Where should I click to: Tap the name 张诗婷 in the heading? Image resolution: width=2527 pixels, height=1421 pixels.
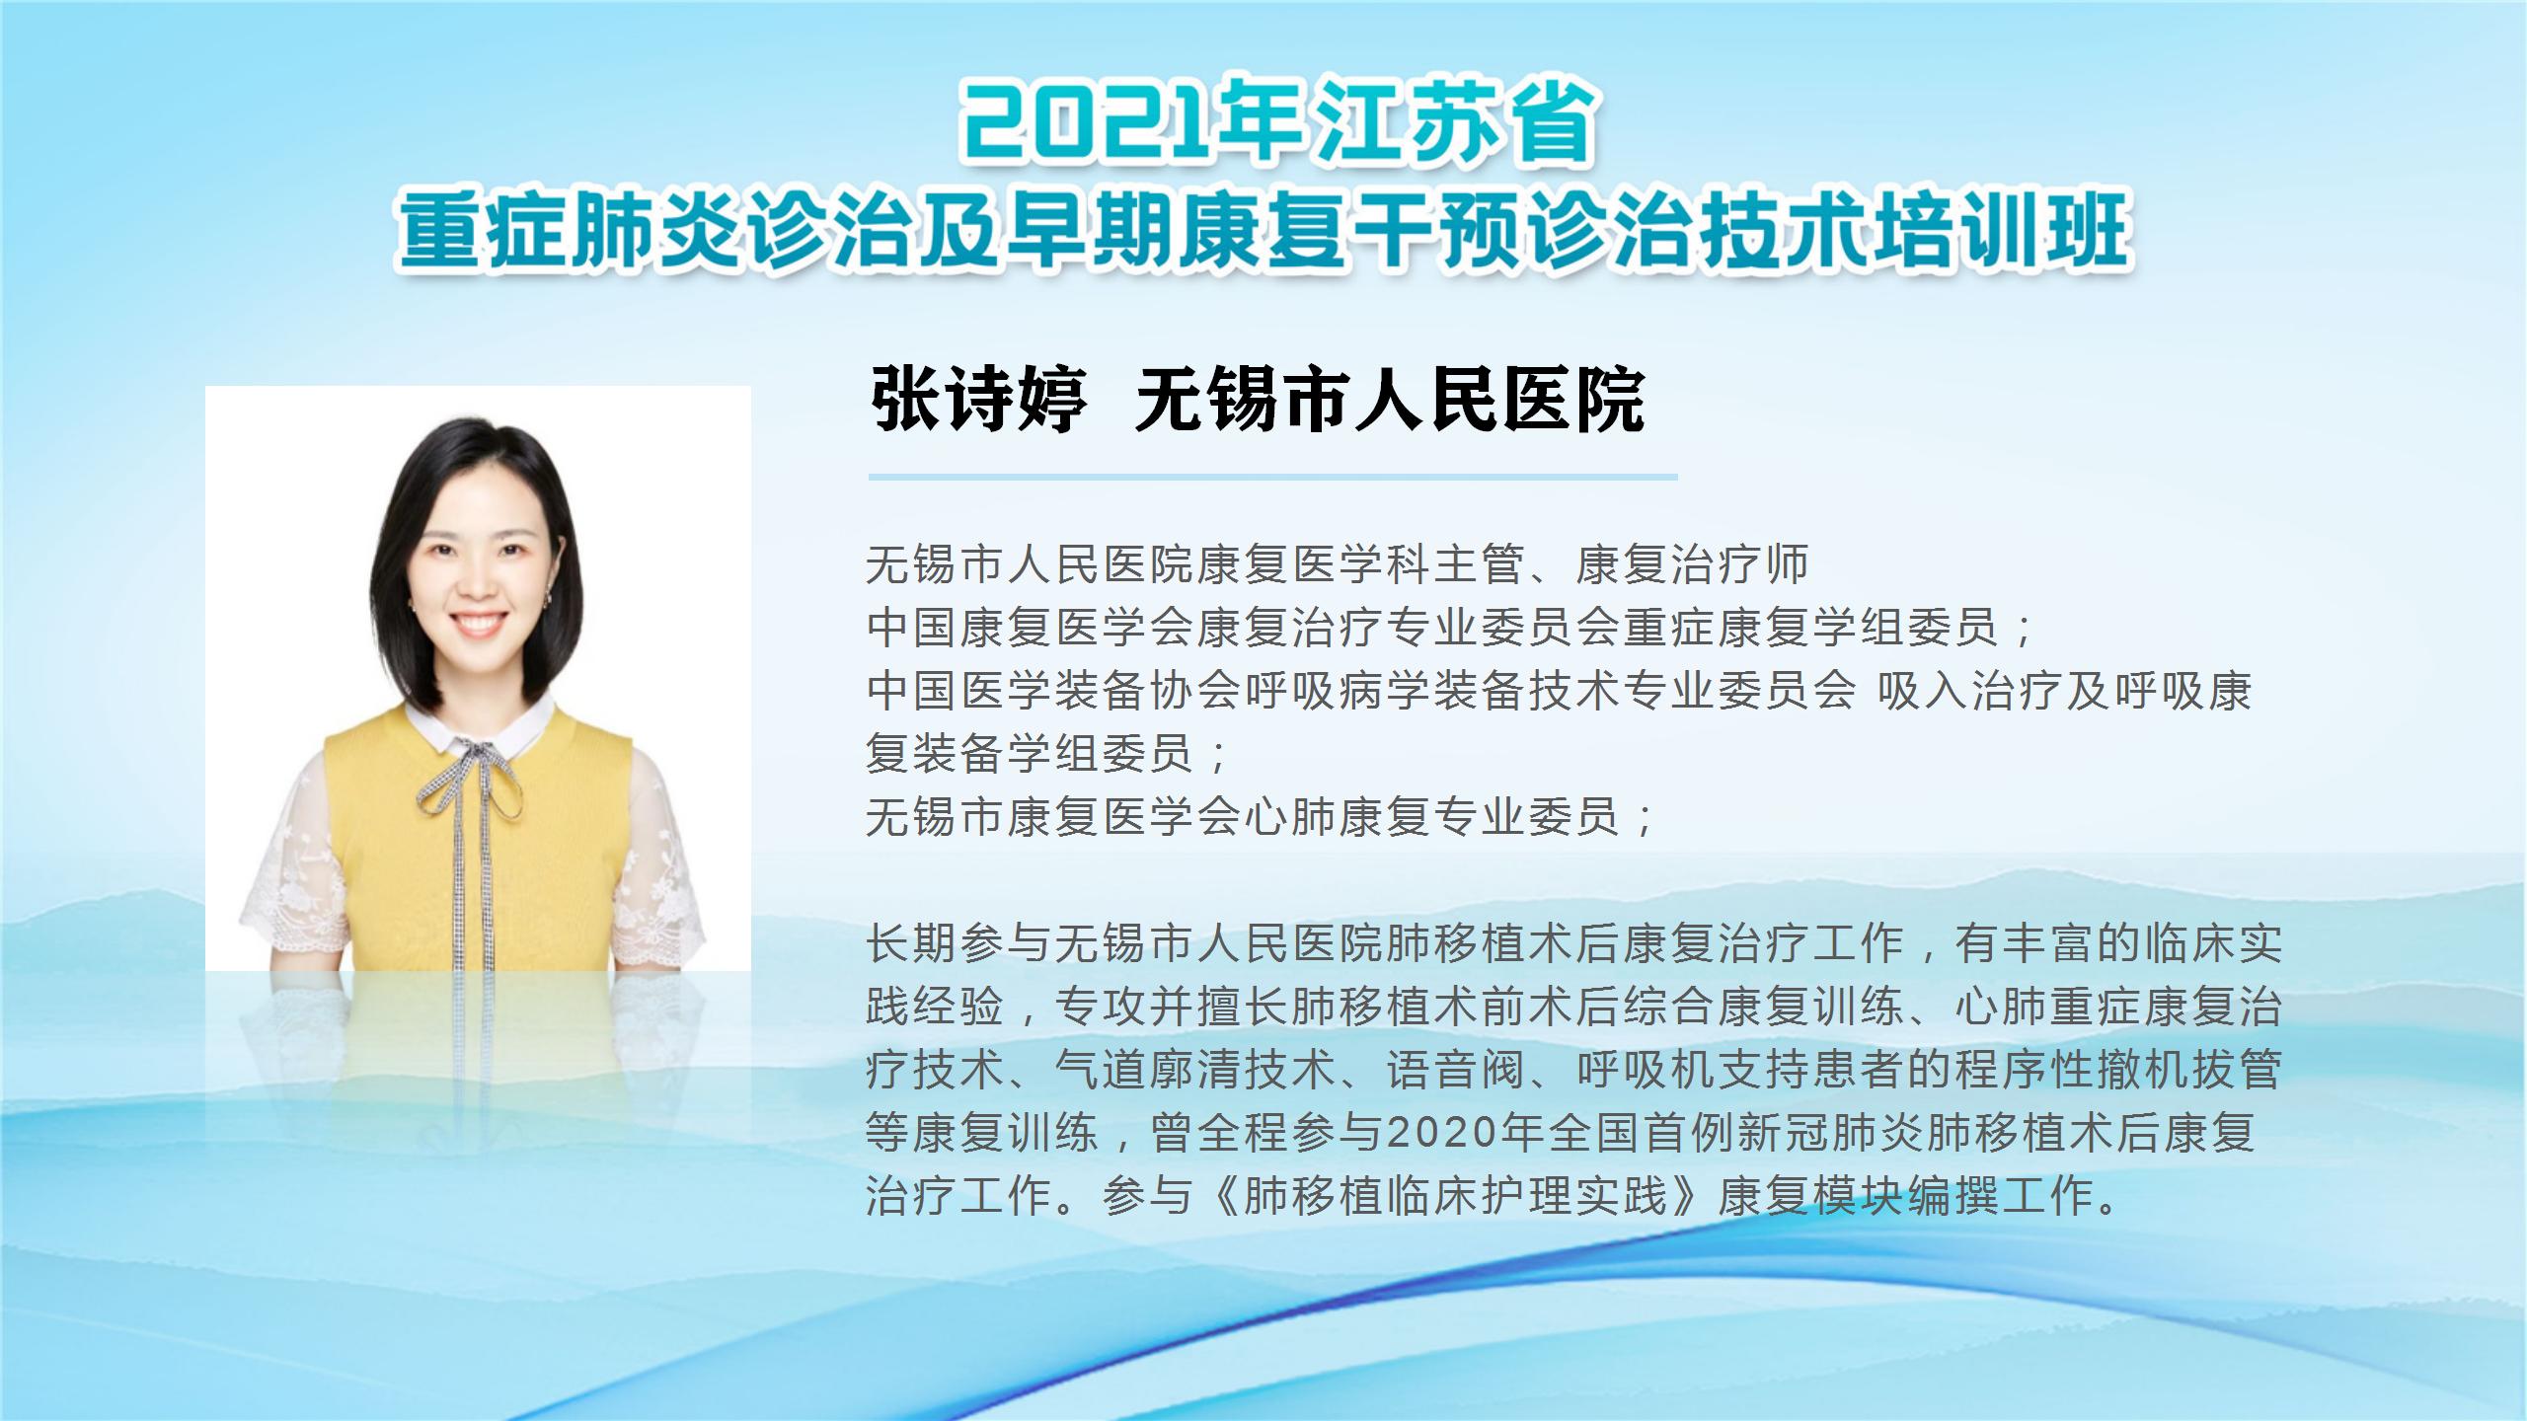click(x=978, y=400)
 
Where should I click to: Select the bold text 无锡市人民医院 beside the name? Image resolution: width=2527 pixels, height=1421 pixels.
click(x=1390, y=400)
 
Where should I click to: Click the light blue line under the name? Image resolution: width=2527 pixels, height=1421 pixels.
click(x=1272, y=478)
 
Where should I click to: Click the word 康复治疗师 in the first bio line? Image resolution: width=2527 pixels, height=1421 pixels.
click(x=1692, y=564)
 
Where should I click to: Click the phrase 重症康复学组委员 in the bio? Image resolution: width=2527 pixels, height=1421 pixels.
click(x=1810, y=628)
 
